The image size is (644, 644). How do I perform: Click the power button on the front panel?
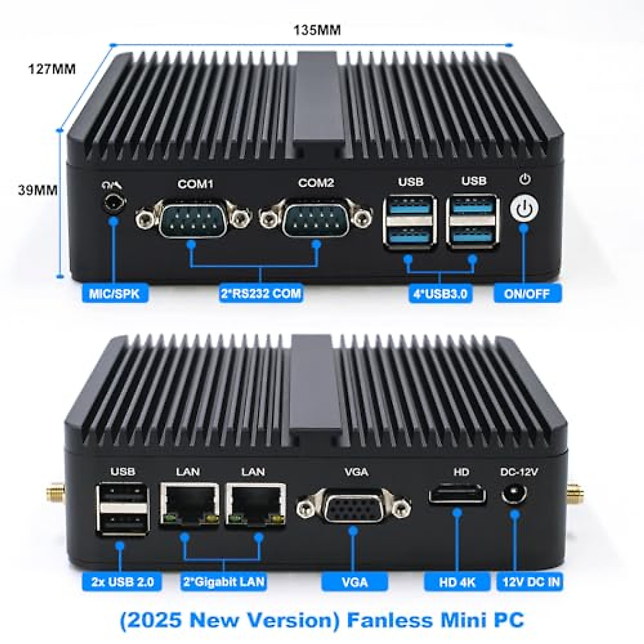(x=525, y=209)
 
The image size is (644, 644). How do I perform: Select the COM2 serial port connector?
(x=316, y=217)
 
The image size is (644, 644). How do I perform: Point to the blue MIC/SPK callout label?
(x=114, y=294)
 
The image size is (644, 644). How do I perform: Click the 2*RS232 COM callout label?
(x=261, y=294)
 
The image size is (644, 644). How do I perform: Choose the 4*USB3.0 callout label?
(x=440, y=294)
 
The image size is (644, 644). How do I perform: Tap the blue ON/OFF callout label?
(x=526, y=294)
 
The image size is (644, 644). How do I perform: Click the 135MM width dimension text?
(x=317, y=30)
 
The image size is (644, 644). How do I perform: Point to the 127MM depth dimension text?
(x=52, y=69)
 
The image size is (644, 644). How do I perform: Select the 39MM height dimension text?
(x=38, y=190)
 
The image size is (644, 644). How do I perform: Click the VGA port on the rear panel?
(x=354, y=507)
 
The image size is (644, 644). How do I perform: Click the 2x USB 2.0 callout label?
(x=122, y=582)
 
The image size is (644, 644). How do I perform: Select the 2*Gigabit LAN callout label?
(x=223, y=582)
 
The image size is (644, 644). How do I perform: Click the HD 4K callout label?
(x=457, y=582)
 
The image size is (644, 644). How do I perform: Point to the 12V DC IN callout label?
(x=531, y=582)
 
